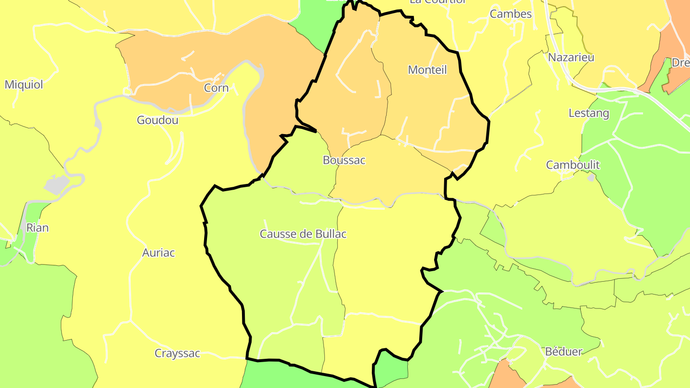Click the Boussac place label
344,160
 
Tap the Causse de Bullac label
303,234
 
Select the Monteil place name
427,70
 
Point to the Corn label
216,88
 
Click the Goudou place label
157,120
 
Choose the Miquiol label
24,85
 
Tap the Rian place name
37,228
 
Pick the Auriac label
159,252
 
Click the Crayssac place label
177,354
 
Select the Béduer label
563,352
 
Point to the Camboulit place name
573,165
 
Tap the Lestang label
588,114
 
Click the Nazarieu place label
571,57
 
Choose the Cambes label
510,14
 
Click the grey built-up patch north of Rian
57,184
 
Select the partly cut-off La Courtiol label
437,2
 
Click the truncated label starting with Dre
680,63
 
